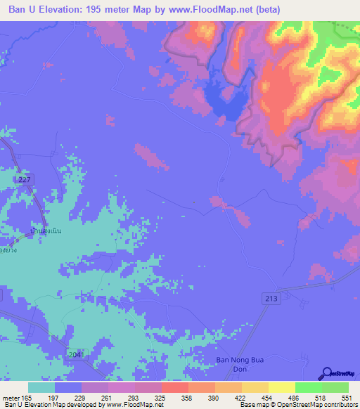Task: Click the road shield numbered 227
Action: (25, 181)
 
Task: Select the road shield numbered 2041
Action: (75, 354)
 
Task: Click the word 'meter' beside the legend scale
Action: (9, 397)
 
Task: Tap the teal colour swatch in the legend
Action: (41, 387)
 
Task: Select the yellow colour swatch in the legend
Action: (281, 387)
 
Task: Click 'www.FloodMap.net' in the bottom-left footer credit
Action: (134, 405)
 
